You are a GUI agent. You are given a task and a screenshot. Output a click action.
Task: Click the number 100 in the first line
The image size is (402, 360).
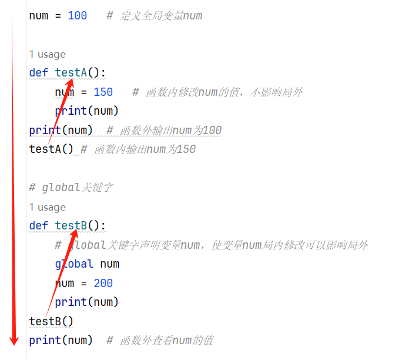pos(77,16)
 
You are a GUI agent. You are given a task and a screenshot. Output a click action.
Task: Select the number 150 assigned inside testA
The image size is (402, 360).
pos(103,92)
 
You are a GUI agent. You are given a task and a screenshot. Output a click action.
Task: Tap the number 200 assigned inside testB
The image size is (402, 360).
pos(103,284)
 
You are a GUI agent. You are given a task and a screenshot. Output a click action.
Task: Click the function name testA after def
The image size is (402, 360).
pos(71,73)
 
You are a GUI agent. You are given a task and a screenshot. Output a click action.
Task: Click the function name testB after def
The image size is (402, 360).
pos(71,226)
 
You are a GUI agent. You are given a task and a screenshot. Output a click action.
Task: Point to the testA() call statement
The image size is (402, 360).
pos(51,149)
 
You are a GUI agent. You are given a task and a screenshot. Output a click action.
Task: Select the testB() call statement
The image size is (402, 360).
pos(51,322)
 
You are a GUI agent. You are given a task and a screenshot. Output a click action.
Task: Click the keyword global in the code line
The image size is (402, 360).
pos(74,264)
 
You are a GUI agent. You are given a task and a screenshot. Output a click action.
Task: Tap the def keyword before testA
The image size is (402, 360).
pos(39,73)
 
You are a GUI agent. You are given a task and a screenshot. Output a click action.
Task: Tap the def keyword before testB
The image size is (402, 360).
pos(39,226)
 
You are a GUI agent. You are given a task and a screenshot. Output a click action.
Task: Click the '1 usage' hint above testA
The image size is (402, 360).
pos(48,55)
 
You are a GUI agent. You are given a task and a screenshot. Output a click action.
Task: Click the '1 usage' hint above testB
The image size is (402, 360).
pos(48,207)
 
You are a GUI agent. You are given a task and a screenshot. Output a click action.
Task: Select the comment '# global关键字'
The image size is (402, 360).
pos(71,188)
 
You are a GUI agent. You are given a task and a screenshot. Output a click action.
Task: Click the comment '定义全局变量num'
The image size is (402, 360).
pos(154,16)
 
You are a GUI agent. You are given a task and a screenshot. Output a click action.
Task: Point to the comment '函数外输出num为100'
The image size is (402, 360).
pos(164,131)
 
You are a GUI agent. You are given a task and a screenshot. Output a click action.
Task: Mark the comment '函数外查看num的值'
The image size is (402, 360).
pos(159,341)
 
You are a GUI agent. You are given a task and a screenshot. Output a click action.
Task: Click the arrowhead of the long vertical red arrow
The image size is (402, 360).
pos(15,339)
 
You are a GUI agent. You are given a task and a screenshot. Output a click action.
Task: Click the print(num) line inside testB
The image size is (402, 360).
pos(87,302)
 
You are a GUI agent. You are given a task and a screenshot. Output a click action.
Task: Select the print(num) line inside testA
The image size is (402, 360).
pos(87,111)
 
